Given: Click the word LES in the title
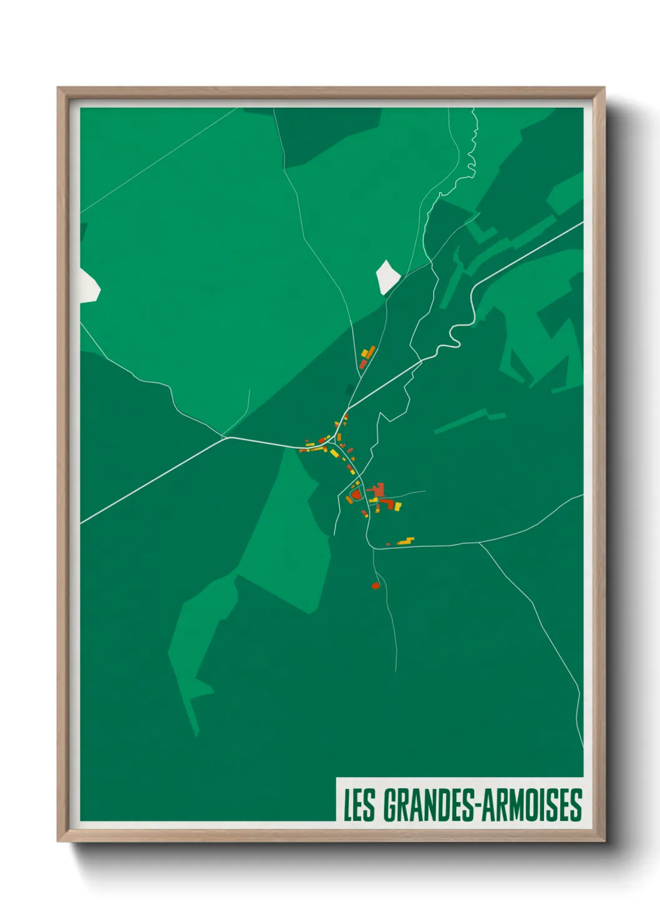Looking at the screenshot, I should [x=359, y=805].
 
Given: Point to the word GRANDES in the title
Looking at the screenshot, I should [x=427, y=805].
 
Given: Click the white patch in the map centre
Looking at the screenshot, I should [x=387, y=276].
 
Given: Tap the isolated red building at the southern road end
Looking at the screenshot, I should [x=376, y=586].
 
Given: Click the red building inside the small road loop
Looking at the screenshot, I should [x=356, y=495].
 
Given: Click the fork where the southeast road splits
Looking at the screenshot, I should [x=479, y=543].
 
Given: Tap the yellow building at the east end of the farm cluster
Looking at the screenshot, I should [x=397, y=506].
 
